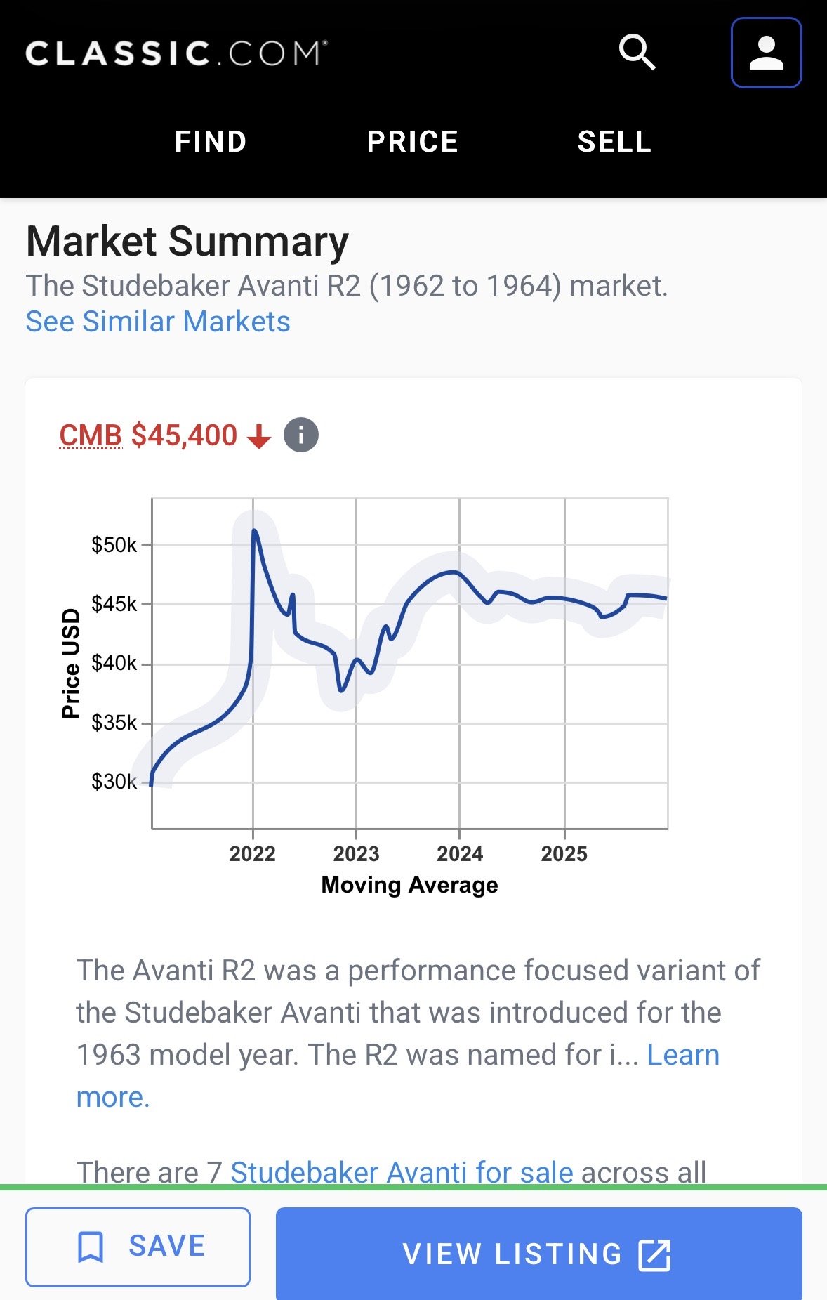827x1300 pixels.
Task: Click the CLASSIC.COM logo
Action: coord(176,53)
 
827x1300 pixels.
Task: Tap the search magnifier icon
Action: coord(637,53)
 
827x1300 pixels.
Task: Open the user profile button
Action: coord(766,53)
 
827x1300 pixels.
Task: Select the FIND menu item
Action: coord(211,142)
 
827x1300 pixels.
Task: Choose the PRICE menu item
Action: coord(413,142)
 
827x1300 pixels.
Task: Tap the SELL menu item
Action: coord(614,142)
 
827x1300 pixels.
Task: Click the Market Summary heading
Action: coord(187,242)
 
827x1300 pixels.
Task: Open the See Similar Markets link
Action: coord(158,322)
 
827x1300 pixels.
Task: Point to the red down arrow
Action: coord(259,437)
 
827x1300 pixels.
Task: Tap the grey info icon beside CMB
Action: coord(301,435)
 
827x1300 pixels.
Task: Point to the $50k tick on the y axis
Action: coord(114,545)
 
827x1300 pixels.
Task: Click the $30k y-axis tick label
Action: coord(114,782)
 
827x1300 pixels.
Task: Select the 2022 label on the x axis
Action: coord(253,854)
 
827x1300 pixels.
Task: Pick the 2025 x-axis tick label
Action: coord(564,854)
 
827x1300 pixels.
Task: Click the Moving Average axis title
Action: coord(409,885)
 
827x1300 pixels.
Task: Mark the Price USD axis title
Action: coord(71,664)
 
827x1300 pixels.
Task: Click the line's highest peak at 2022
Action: coord(254,530)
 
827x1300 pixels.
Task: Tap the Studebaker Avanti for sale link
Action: coord(402,1171)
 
